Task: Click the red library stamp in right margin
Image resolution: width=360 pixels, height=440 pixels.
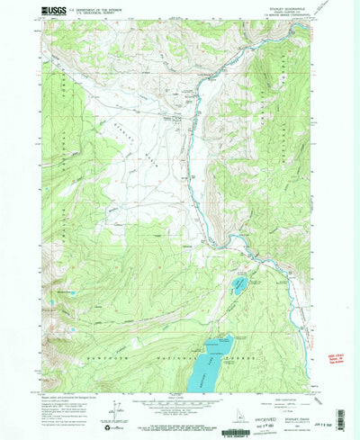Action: click(337, 359)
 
